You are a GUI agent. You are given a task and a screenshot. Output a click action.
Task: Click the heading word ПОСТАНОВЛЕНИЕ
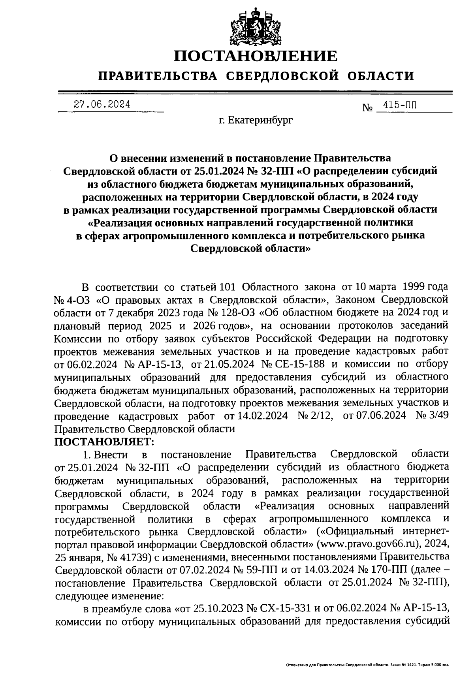(256, 56)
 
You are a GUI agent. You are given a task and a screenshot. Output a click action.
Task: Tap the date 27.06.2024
(102, 104)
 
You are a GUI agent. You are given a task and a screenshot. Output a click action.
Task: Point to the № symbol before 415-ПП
(368, 107)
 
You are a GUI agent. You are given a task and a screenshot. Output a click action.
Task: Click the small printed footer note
(367, 665)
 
